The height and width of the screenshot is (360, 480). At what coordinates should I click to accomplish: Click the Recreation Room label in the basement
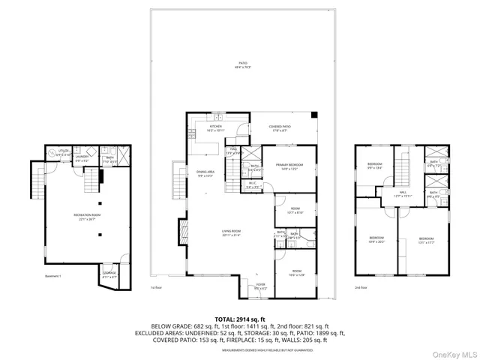click(x=88, y=217)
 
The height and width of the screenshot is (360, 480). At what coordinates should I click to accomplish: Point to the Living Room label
click(x=230, y=233)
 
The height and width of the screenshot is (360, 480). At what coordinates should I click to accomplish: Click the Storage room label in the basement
click(x=109, y=274)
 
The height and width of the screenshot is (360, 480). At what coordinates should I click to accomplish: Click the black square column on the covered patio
click(x=314, y=115)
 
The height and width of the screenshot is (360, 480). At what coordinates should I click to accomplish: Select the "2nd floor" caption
click(x=361, y=287)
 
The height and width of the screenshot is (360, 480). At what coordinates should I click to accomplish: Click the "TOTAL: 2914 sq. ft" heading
click(x=240, y=319)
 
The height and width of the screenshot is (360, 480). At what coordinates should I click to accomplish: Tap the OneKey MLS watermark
click(x=452, y=353)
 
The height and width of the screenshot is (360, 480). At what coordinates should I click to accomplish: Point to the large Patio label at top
click(x=242, y=64)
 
